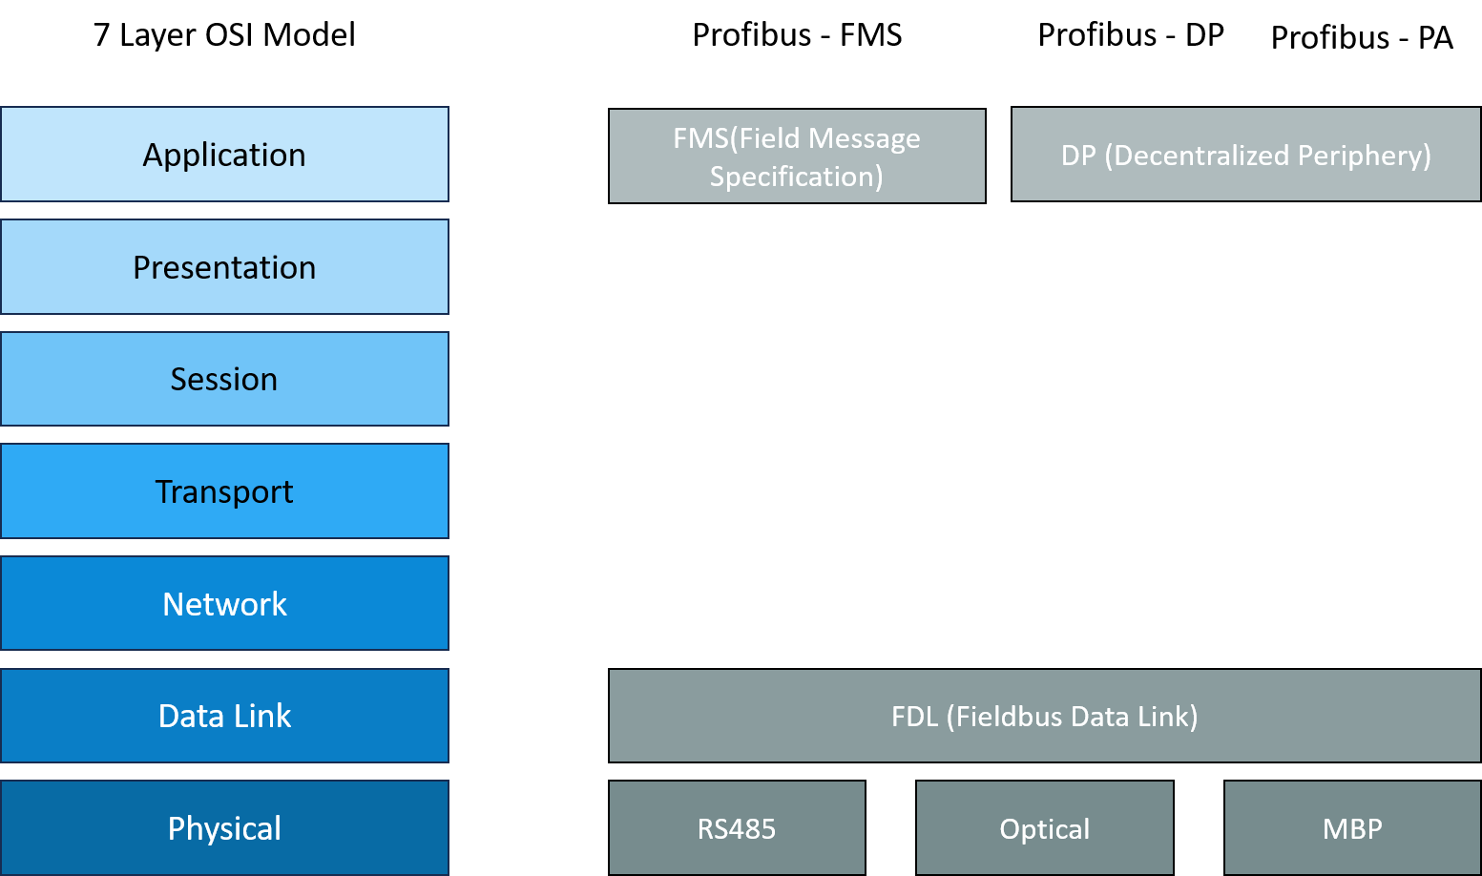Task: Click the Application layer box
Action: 224,155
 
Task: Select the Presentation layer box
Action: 224,267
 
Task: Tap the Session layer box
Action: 224,379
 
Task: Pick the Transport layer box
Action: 224,491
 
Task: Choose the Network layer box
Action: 224,604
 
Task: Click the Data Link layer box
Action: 224,716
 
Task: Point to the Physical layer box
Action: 224,827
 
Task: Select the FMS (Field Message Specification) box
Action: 797,156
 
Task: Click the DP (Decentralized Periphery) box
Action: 1245,155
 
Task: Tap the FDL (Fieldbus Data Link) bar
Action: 1044,716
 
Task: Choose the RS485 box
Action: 737,828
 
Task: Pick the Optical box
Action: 1044,828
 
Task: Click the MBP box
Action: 1352,828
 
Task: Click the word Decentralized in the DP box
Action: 1200,156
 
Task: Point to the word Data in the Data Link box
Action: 191,716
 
